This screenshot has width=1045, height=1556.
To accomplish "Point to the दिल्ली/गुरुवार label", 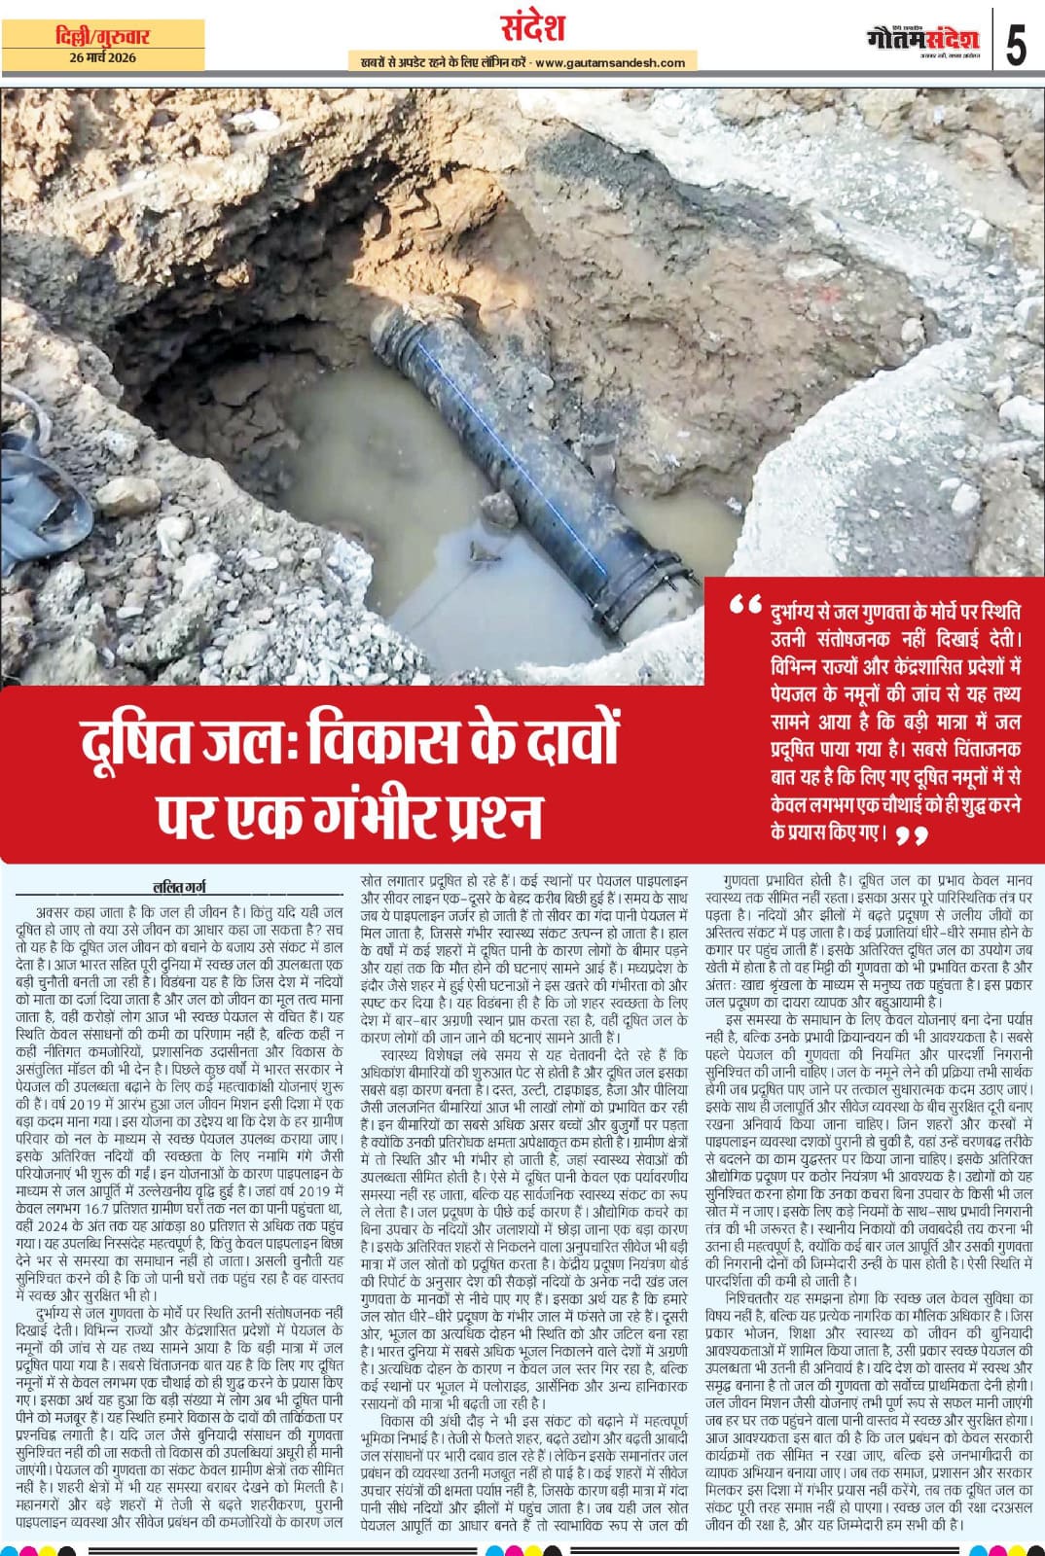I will tap(102, 37).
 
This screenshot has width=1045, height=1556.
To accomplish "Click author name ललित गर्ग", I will tap(179, 886).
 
